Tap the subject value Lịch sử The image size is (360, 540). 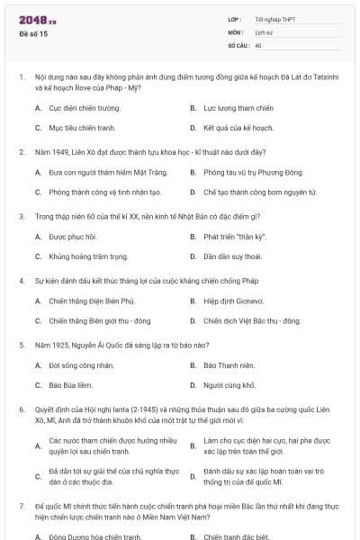[264, 31]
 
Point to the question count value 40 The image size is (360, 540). [258, 44]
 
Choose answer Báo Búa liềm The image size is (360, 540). [71, 384]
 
